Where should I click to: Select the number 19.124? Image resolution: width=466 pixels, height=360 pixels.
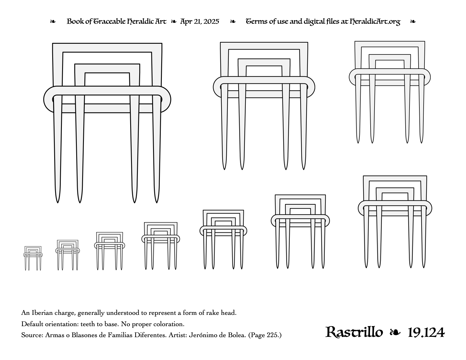click(426, 333)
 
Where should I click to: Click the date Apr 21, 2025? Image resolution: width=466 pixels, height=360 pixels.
click(199, 21)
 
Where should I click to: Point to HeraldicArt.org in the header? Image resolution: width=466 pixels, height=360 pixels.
click(375, 22)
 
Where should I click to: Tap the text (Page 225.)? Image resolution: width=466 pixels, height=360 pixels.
click(265, 335)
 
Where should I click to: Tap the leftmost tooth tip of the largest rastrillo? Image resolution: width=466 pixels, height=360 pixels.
click(57, 203)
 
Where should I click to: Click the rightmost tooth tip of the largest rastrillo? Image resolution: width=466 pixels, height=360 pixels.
click(156, 203)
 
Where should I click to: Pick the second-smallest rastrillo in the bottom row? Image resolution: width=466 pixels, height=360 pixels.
click(67, 255)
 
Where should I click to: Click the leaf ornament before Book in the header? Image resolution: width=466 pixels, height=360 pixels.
click(53, 21)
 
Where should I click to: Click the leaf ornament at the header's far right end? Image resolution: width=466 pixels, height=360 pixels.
click(413, 21)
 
